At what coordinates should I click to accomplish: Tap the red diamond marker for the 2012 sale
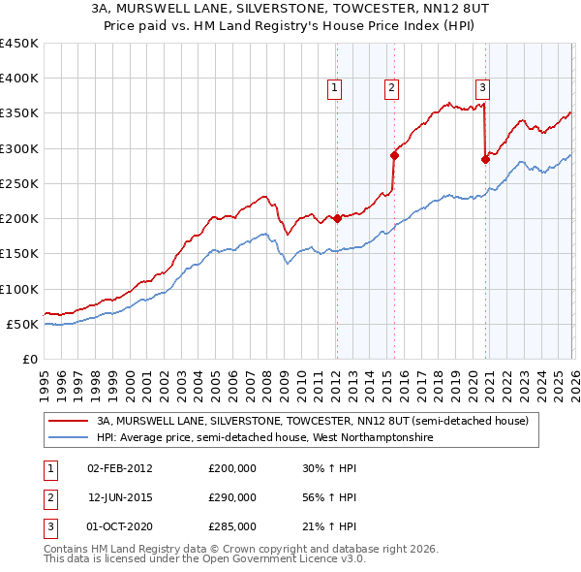[337, 218]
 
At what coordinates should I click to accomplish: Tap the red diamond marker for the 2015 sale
[394, 155]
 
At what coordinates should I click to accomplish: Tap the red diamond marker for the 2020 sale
[485, 159]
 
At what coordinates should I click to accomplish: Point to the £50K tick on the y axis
[23, 324]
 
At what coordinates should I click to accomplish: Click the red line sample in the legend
[68, 422]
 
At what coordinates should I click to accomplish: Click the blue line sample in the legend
[68, 438]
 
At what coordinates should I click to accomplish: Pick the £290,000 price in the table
[232, 497]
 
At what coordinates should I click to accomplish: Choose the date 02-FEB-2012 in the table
[119, 467]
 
